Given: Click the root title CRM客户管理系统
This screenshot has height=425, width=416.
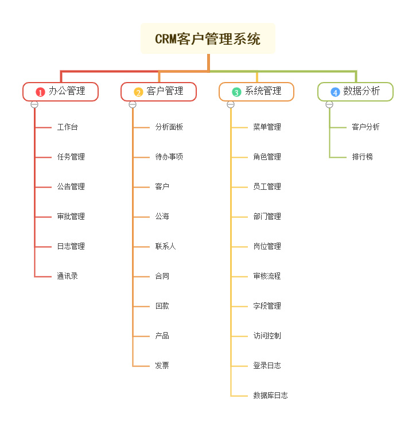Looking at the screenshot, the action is pyautogui.click(x=208, y=39).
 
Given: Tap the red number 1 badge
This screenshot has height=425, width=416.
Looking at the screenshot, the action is pyautogui.click(x=40, y=92).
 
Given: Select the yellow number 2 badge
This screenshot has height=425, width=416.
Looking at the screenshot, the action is pyautogui.click(x=139, y=92).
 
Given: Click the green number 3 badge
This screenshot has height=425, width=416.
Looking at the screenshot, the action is pyautogui.click(x=236, y=92).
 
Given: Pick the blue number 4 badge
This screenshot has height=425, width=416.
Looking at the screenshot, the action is pyautogui.click(x=335, y=92).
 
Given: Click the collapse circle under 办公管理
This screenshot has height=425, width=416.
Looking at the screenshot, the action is pyautogui.click(x=34, y=104).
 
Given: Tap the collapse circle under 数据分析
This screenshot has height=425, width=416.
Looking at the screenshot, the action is pyautogui.click(x=329, y=104).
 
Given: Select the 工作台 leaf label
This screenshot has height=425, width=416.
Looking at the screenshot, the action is pyautogui.click(x=68, y=127).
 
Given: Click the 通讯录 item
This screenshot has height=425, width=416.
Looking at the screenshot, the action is pyautogui.click(x=68, y=276).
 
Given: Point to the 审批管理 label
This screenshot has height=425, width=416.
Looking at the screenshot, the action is pyautogui.click(x=71, y=216).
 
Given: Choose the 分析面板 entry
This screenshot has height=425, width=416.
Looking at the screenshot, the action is pyautogui.click(x=169, y=127).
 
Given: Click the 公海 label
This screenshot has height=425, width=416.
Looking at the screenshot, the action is pyautogui.click(x=162, y=216).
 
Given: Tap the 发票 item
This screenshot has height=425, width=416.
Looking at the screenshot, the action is pyautogui.click(x=162, y=365).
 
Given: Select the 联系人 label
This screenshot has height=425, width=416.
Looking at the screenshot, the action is pyautogui.click(x=166, y=246).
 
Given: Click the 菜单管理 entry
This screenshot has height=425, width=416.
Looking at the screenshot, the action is pyautogui.click(x=267, y=127).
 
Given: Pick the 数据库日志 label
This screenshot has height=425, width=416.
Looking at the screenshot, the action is pyautogui.click(x=271, y=395).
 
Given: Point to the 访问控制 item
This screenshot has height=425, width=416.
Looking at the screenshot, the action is pyautogui.click(x=267, y=336).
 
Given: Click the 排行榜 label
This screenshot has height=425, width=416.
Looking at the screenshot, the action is pyautogui.click(x=363, y=157).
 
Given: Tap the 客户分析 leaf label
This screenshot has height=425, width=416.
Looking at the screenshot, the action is pyautogui.click(x=366, y=127).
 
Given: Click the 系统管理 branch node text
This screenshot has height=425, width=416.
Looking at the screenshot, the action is pyautogui.click(x=263, y=91).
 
